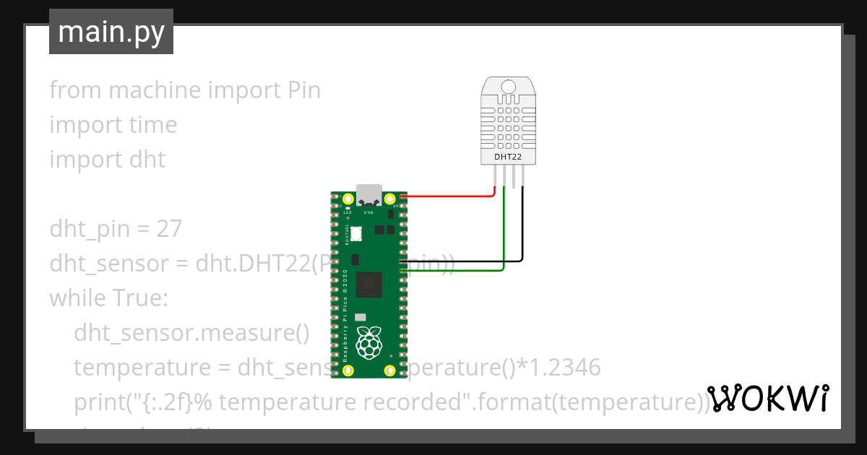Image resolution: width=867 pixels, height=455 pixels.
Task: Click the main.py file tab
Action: pos(111,32)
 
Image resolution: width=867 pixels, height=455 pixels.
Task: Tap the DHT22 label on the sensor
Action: pos(508,156)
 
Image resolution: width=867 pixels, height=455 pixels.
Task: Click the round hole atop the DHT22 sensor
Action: pos(508,87)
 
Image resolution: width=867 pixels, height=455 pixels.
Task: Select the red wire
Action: pos(448,195)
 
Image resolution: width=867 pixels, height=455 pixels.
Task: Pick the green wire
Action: pos(504,238)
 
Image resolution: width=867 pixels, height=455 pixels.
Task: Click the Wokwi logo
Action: pos(767,398)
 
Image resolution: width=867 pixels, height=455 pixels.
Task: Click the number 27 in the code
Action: pos(169,229)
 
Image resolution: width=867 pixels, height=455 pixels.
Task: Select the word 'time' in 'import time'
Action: pos(152,125)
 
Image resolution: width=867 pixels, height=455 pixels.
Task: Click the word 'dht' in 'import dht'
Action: pos(147,159)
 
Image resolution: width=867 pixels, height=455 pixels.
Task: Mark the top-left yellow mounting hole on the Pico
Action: pos(348,199)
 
